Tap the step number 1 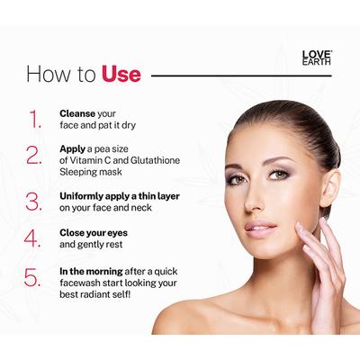pos(35,120)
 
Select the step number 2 pos(35,154)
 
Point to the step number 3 pos(35,201)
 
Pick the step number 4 pos(35,239)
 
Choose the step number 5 pos(35,278)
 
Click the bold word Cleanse pos(78,113)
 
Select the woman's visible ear pos(329,184)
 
